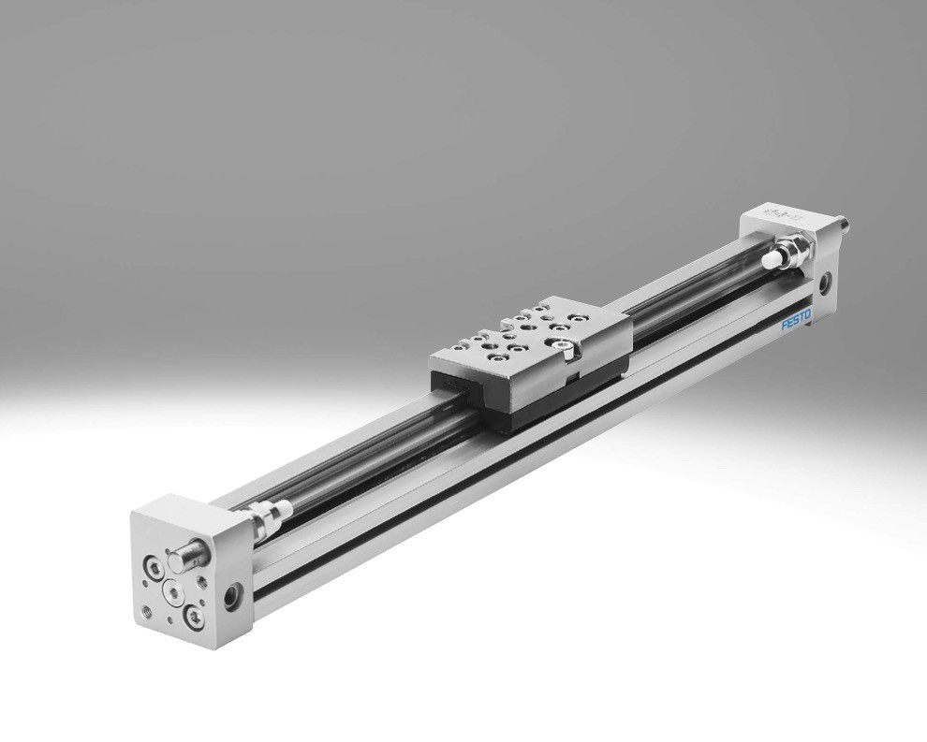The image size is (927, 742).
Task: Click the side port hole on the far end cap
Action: pos(824,282)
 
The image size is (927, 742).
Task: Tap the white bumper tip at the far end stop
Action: pos(771,259)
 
